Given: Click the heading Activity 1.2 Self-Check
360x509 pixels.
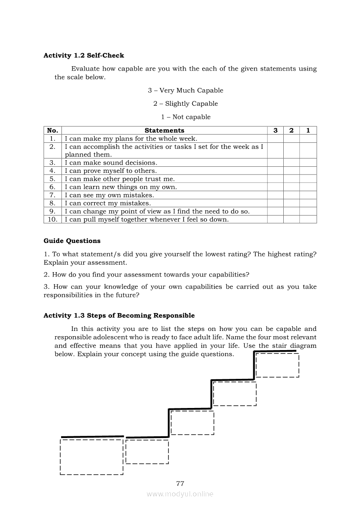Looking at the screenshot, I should pyautogui.click(x=84, y=55).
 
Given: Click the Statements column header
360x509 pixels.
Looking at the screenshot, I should pyautogui.click(x=164, y=130).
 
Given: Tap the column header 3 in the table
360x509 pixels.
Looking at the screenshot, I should pyautogui.click(x=275, y=130).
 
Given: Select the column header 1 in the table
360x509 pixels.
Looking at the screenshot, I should pyautogui.click(x=308, y=130).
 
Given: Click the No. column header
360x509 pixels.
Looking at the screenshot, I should pyautogui.click(x=52, y=130).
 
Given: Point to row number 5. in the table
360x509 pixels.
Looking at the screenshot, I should pyautogui.click(x=52, y=179).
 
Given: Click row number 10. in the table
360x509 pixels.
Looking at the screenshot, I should pyautogui.click(x=52, y=219).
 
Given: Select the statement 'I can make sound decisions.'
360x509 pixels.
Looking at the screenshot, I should pyautogui.click(x=111, y=163).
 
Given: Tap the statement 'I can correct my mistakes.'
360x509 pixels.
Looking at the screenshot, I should pyautogui.click(x=108, y=203).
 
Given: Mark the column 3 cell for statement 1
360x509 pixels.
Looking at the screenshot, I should pyautogui.click(x=275, y=138).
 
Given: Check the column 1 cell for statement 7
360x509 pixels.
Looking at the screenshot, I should pyautogui.click(x=308, y=195).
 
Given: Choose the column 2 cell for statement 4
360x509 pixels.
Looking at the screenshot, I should pyautogui.click(x=292, y=171).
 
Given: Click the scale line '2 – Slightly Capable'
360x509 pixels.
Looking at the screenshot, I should pyautogui.click(x=185, y=104).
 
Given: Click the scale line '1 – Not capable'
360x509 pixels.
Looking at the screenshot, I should pyautogui.click(x=185, y=117).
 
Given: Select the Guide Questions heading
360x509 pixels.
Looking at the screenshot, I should pyautogui.click(x=72, y=241).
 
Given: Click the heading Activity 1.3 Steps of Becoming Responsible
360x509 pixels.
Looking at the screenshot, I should pyautogui.click(x=119, y=315).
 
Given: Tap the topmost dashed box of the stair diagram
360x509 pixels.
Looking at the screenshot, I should pyautogui.click(x=277, y=365).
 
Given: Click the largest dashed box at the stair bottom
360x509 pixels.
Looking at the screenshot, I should pyautogui.click(x=92, y=457).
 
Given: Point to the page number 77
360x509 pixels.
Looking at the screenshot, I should pyautogui.click(x=180, y=483).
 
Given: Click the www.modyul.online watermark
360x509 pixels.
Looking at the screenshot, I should pyautogui.click(x=180, y=494).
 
